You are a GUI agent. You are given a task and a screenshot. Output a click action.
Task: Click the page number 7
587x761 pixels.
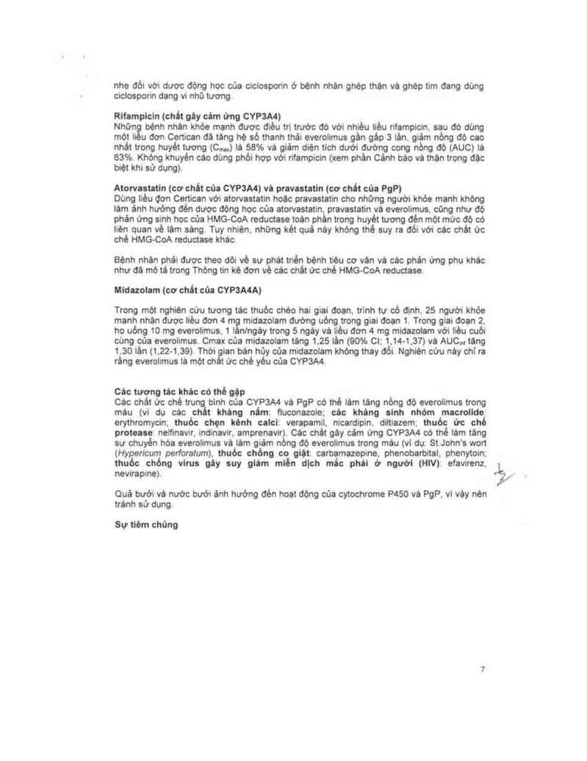483,669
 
